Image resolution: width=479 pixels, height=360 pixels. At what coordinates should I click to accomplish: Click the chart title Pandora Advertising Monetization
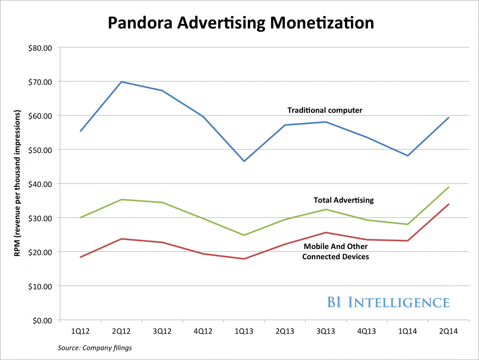241,23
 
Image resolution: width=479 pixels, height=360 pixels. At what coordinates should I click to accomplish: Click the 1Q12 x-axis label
80,331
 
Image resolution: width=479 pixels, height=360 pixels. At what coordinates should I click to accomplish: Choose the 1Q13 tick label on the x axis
244,331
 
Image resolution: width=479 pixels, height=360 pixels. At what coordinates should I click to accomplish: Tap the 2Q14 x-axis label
449,331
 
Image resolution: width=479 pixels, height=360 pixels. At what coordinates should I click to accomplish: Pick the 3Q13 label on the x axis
326,331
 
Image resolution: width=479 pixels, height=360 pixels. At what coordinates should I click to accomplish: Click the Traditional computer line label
325,110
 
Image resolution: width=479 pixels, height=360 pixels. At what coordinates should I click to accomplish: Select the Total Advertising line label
344,200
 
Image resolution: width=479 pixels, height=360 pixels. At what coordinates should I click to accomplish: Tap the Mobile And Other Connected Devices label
335,252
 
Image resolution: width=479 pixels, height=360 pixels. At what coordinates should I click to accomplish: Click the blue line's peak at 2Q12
121,82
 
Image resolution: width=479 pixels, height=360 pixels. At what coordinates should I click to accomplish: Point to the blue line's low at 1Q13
244,161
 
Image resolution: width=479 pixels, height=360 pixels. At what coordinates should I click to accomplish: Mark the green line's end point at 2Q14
449,187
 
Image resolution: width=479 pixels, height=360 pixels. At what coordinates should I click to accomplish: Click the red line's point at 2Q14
449,204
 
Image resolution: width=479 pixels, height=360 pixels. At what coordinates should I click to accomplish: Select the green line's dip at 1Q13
244,235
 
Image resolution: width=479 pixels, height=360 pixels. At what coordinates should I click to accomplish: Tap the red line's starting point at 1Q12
80,257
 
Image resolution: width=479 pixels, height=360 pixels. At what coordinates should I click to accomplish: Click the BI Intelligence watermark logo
388,302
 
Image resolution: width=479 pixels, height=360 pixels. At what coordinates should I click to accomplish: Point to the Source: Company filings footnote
95,348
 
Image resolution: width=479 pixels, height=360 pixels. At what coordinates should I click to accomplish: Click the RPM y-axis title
18,184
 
